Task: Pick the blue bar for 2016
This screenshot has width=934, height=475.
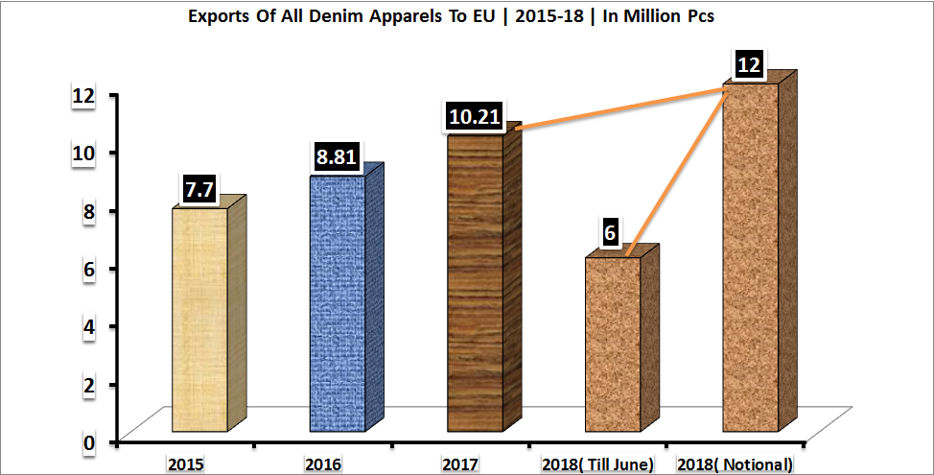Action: point(338,303)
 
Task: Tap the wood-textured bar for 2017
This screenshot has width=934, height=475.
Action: point(475,283)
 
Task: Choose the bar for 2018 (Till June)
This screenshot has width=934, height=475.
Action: point(613,344)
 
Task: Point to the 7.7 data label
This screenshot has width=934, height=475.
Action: point(198,190)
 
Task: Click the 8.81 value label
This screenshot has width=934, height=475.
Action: point(337,156)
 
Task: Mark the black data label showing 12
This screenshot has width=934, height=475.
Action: point(748,65)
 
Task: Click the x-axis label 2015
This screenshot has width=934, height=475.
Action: point(185,464)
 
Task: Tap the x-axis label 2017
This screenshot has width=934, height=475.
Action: point(460,464)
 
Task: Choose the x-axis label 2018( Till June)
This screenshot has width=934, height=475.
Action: point(597,464)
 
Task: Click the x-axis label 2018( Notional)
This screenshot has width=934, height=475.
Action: point(734,464)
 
